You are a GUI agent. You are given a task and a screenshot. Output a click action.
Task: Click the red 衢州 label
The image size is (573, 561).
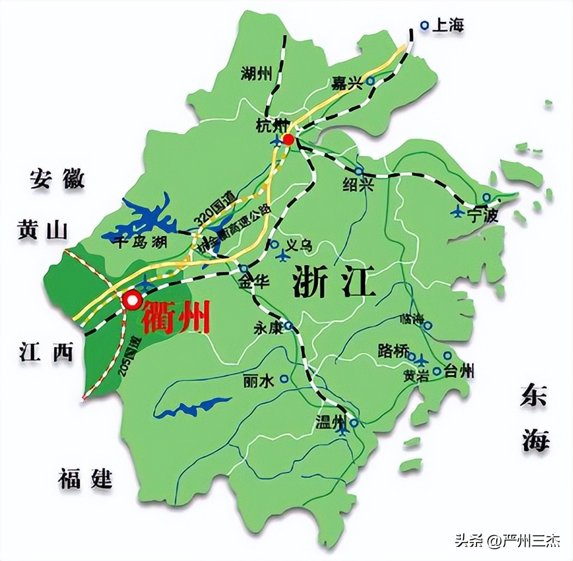(x=176, y=317)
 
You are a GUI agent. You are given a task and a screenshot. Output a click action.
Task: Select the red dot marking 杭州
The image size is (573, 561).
(x=289, y=139)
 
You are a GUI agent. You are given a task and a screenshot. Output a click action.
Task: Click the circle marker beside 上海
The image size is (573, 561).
(x=425, y=25)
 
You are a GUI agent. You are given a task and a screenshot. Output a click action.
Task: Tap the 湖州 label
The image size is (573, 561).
(x=256, y=73)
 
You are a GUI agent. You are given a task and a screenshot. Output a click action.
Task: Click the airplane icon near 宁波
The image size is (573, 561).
(x=458, y=212)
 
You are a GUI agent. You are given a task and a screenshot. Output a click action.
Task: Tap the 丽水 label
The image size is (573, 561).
(x=258, y=381)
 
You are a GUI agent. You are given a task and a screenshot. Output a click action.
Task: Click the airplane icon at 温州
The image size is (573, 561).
(x=343, y=428)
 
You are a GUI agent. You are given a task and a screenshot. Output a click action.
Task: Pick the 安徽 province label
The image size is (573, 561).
(x=57, y=180)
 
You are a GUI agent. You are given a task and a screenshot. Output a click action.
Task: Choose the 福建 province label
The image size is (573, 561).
(x=85, y=480)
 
